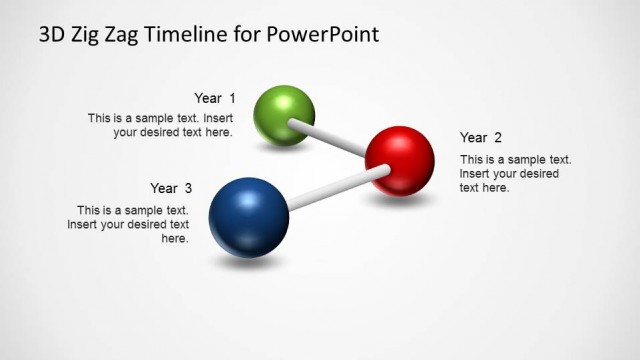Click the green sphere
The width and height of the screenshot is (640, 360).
click(x=285, y=115)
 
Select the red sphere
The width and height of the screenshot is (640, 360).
click(x=399, y=159)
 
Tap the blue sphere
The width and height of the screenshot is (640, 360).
click(x=248, y=217)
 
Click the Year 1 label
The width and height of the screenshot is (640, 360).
click(x=215, y=98)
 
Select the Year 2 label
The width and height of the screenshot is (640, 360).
click(x=481, y=137)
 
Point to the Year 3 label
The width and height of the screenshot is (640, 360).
click(x=171, y=188)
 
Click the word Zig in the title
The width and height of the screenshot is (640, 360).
click(x=89, y=36)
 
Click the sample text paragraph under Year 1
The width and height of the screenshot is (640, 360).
click(x=160, y=125)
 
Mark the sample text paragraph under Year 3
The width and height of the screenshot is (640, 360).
click(x=128, y=224)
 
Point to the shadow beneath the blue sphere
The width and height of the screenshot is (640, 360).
click(x=247, y=263)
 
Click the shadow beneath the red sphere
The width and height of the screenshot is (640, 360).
click(x=402, y=201)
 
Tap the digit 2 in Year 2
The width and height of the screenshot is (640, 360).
click(x=498, y=137)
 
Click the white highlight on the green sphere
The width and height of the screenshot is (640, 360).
click(x=276, y=101)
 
